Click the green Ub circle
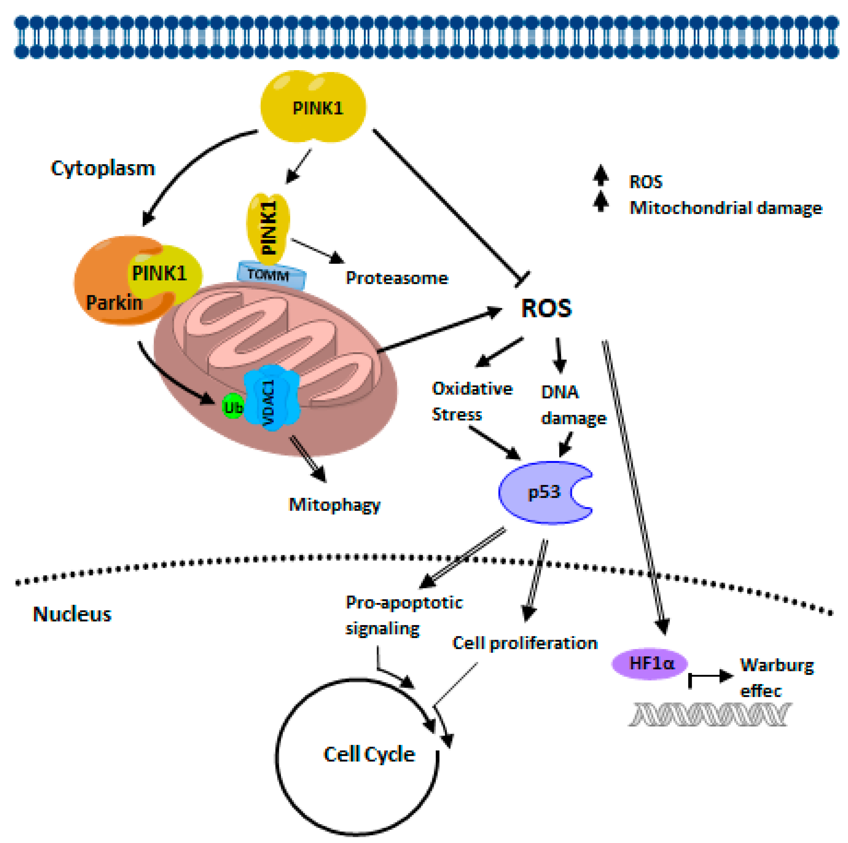point(233,406)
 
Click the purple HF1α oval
point(650,663)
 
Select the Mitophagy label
point(334,505)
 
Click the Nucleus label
point(73,614)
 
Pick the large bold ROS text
point(546,308)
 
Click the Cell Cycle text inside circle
point(369,754)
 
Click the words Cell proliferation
point(525,643)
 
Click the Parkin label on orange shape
point(114,303)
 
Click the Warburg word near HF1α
point(776,665)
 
